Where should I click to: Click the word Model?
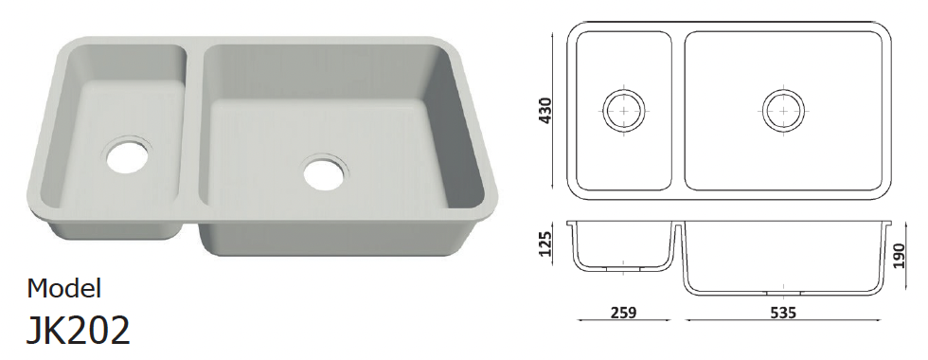click(64, 288)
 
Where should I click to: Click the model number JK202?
click(78, 330)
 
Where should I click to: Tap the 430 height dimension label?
click(545, 110)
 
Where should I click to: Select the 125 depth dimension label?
click(545, 243)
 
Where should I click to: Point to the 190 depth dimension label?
click(900, 255)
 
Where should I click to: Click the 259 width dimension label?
click(624, 313)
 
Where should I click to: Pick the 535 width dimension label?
click(782, 313)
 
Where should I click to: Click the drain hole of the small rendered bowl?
click(127, 155)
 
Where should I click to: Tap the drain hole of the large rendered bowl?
click(325, 172)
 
